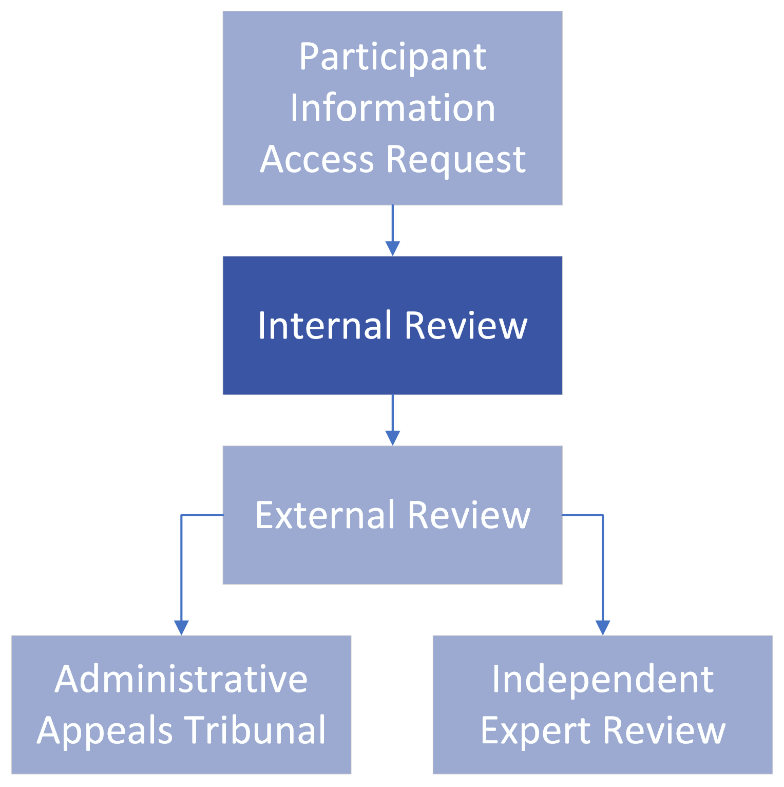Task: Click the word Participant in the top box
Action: [x=392, y=58]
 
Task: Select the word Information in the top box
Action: [x=392, y=108]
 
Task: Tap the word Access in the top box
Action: [x=317, y=159]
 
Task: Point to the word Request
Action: [x=456, y=160]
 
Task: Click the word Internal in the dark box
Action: [x=324, y=325]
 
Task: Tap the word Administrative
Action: [x=181, y=679]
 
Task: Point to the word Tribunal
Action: [x=255, y=729]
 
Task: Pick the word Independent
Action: [x=603, y=679]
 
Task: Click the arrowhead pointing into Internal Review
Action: [x=392, y=249]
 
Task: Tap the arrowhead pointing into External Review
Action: [x=392, y=438]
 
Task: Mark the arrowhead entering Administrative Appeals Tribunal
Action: [x=181, y=628]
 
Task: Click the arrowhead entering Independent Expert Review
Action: [x=603, y=628]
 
